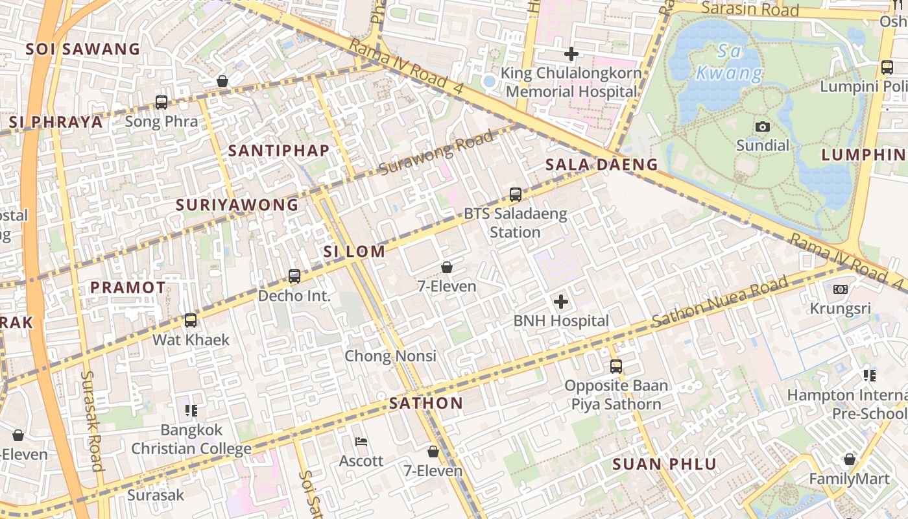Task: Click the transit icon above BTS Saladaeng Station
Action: (516, 194)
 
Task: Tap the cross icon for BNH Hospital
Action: (561, 302)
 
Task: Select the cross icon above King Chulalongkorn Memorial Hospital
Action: (571, 54)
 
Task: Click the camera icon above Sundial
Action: (763, 127)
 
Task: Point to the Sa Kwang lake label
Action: (729, 62)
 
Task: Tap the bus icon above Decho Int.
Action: (294, 277)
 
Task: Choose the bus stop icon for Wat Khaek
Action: (191, 320)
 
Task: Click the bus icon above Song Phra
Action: (161, 103)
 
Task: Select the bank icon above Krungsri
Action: (841, 289)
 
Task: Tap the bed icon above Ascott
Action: (362, 442)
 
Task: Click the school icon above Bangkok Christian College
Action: (191, 411)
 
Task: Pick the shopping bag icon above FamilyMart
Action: (850, 460)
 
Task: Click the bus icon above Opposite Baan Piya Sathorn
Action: (616, 367)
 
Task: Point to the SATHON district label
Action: (426, 404)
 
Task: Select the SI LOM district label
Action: (355, 252)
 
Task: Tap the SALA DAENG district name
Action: (601, 165)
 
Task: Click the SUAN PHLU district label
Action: (665, 465)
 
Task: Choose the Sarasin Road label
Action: (750, 9)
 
